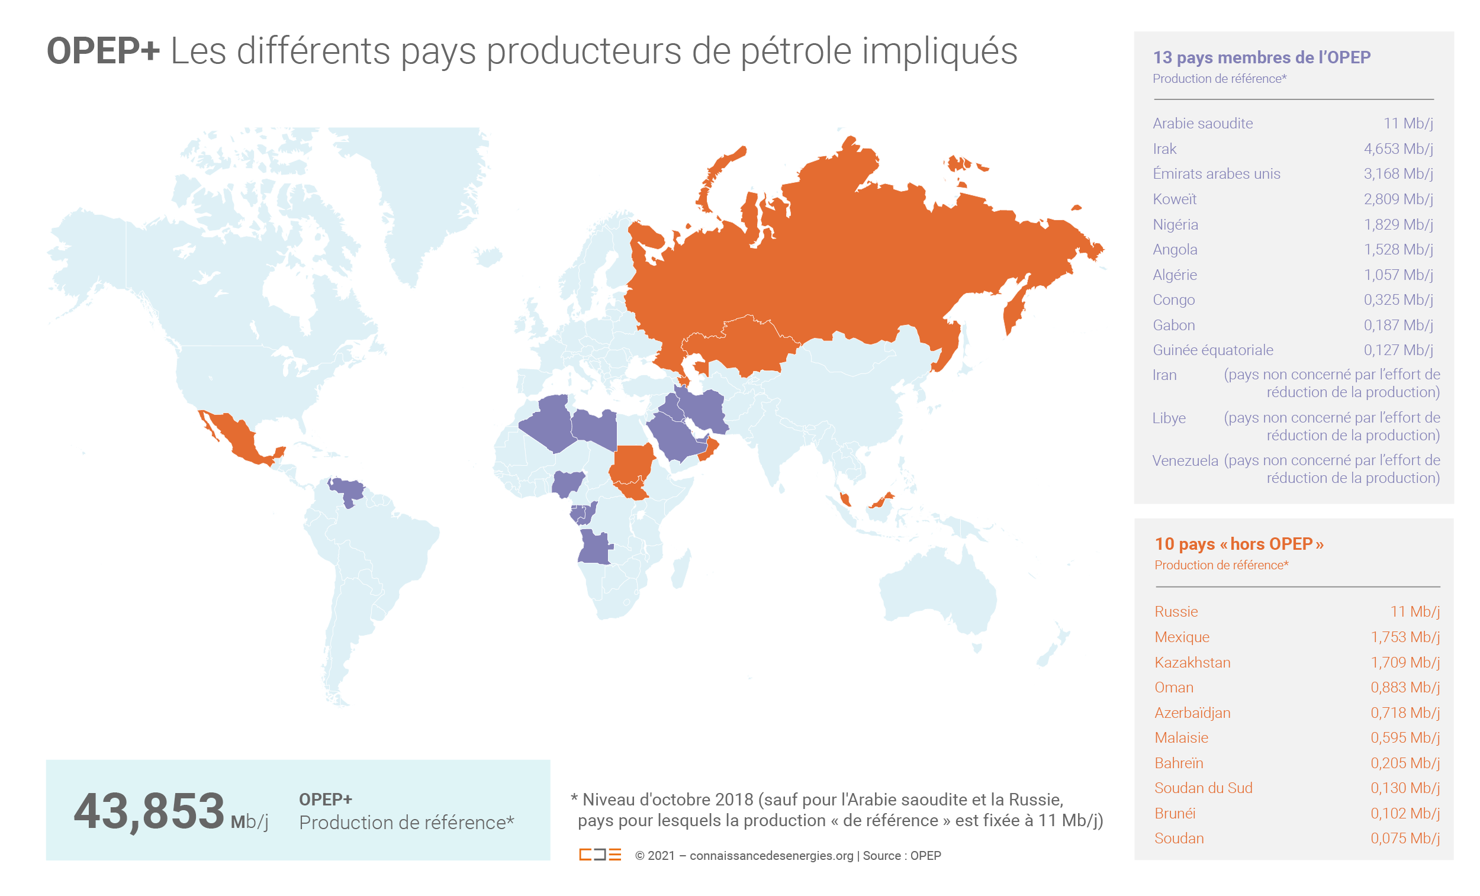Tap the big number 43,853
click(x=149, y=811)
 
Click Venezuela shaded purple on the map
click(x=347, y=490)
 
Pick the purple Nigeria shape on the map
click(x=568, y=482)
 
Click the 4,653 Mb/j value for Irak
click(x=1398, y=149)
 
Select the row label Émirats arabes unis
click(x=1217, y=174)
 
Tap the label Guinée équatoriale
click(x=1212, y=350)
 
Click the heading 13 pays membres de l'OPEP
click(x=1262, y=57)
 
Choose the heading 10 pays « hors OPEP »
click(x=1238, y=544)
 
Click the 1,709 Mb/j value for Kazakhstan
click(x=1404, y=662)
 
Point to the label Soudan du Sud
click(x=1203, y=788)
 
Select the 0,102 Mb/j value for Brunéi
click(x=1404, y=813)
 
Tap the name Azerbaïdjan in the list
click(x=1192, y=713)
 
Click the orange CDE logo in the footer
click(x=600, y=855)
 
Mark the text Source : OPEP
click(x=902, y=856)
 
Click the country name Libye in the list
click(x=1169, y=418)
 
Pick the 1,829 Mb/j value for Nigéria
click(x=1398, y=225)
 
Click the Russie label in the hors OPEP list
click(x=1176, y=612)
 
